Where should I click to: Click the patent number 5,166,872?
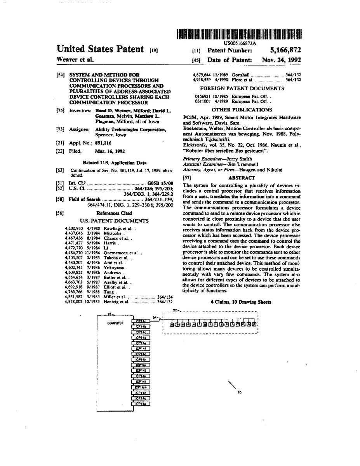point(285,50)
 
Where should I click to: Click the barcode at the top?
point(239,34)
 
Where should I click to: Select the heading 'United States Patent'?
point(100,49)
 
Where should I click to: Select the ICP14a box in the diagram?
point(141,321)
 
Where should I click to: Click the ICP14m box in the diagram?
point(141,387)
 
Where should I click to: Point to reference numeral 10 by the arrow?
point(240,392)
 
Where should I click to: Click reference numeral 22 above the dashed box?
point(175,310)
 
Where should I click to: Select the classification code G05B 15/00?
point(160,183)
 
